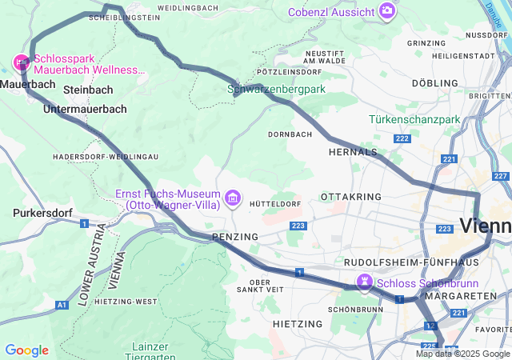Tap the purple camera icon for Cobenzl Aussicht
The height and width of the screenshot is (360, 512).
click(x=387, y=11)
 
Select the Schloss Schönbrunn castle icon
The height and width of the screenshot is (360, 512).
click(x=364, y=283)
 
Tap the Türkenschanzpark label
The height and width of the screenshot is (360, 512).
click(x=414, y=119)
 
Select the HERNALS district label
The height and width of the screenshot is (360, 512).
click(x=353, y=151)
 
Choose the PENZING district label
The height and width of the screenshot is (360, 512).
click(x=235, y=238)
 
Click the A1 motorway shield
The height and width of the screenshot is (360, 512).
click(x=62, y=305)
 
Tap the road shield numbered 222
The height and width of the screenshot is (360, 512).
click(x=402, y=138)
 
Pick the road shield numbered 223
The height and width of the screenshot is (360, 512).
click(x=299, y=227)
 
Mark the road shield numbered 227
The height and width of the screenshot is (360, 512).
click(x=502, y=176)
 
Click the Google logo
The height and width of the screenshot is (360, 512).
click(x=26, y=350)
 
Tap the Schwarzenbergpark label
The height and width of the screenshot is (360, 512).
click(x=277, y=90)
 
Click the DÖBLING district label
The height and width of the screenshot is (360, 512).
click(x=435, y=83)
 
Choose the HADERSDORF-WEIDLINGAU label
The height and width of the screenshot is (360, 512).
click(x=105, y=157)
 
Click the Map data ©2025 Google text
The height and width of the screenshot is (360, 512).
click(x=462, y=354)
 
